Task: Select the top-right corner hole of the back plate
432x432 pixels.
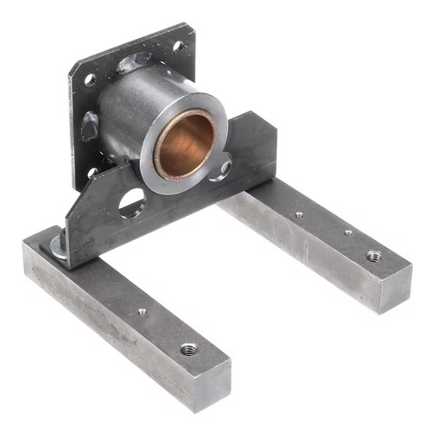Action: pyautogui.click(x=179, y=46)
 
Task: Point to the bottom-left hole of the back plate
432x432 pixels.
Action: pyautogui.click(x=92, y=172)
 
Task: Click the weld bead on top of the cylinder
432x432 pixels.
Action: pyautogui.click(x=138, y=62)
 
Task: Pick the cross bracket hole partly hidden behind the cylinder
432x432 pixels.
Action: pyautogui.click(x=224, y=169)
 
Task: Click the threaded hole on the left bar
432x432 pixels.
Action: pyautogui.click(x=187, y=350)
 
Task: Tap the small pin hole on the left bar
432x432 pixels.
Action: pyautogui.click(x=142, y=312)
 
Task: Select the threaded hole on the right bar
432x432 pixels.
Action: pyautogui.click(x=374, y=256)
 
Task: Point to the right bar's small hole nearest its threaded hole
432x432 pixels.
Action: pyautogui.click(x=348, y=232)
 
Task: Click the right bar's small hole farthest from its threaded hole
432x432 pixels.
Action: pyautogui.click(x=299, y=214)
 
